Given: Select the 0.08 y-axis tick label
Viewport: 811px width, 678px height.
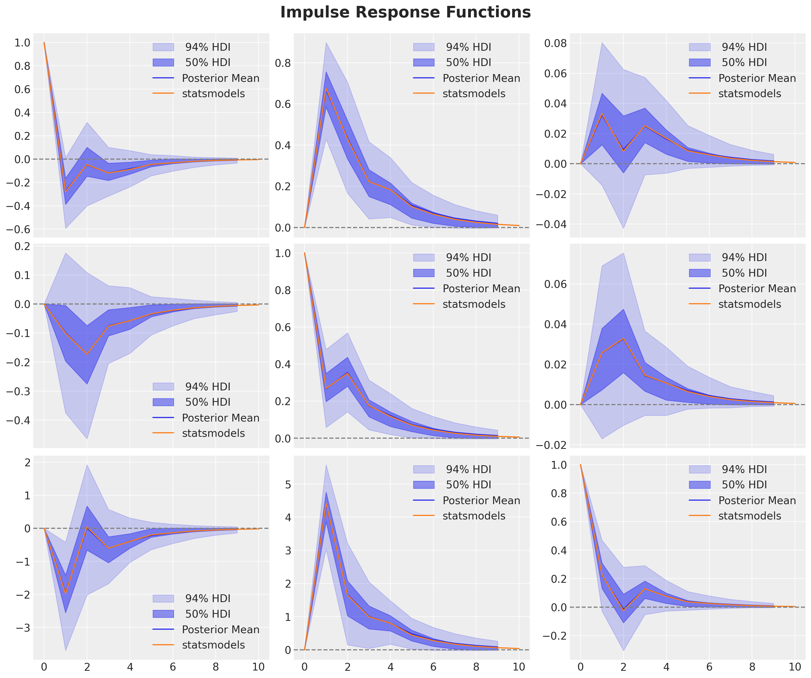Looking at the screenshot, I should [x=555, y=43].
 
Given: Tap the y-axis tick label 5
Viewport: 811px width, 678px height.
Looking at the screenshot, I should [x=288, y=485].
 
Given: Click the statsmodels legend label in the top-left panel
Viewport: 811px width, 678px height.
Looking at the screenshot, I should [x=213, y=94].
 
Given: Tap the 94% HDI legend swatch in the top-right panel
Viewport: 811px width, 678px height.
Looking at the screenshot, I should [x=699, y=47].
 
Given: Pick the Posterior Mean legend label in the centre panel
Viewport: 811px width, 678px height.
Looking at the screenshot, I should [x=481, y=289].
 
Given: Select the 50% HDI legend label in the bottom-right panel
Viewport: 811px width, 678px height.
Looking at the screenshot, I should [x=744, y=485].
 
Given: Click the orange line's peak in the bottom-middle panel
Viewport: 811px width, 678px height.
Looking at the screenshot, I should [x=326, y=504].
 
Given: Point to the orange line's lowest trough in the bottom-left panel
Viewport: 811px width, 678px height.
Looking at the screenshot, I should [x=66, y=593].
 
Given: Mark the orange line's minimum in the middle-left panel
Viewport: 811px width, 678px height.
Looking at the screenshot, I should [x=87, y=354].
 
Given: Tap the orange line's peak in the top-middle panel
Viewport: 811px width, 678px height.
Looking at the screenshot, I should [x=326, y=89].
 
